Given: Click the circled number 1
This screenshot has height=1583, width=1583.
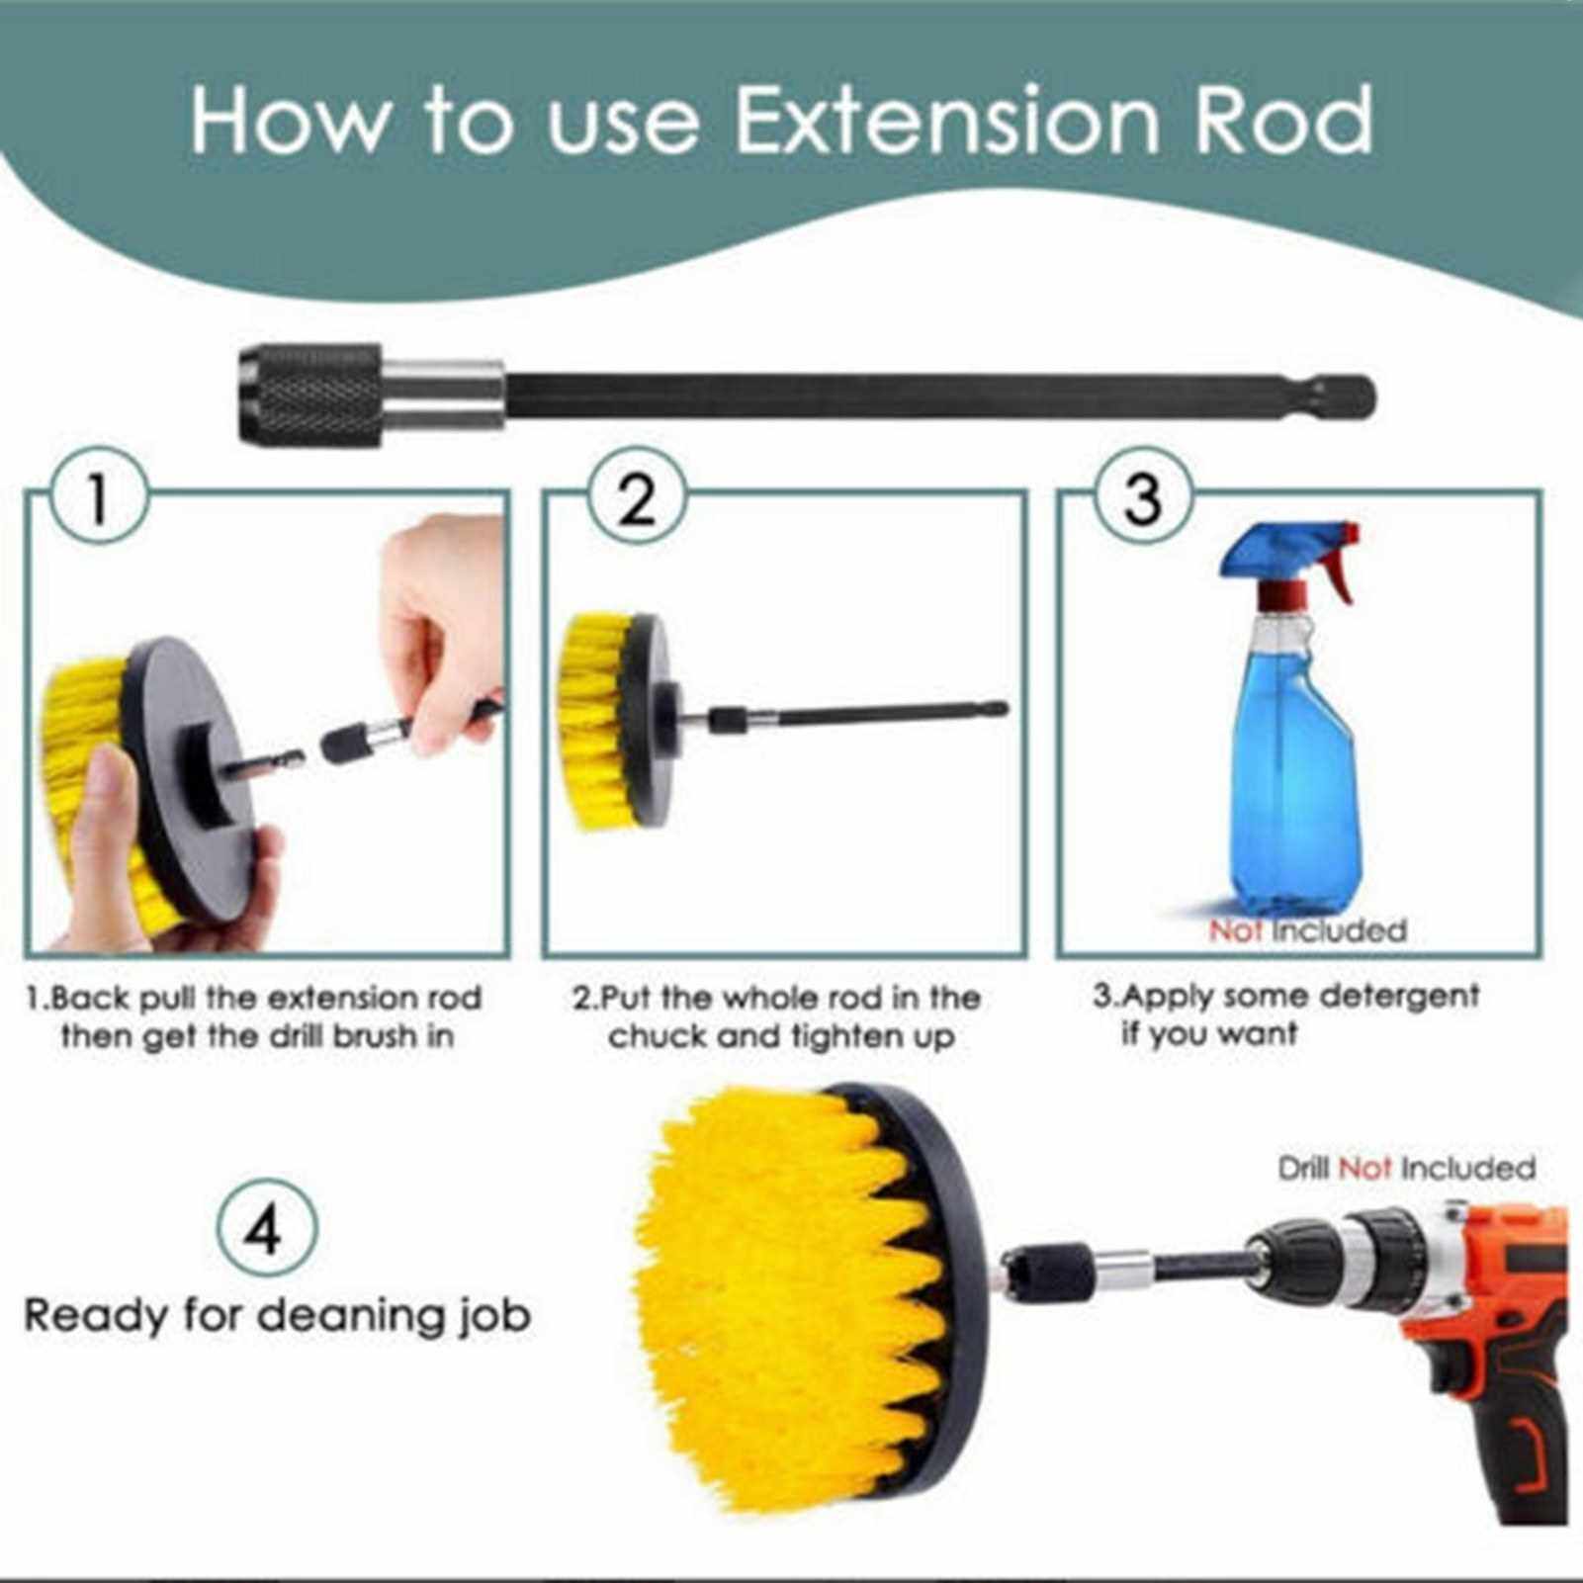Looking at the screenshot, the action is [98, 497].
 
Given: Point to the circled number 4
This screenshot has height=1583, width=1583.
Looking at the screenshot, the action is [265, 1230].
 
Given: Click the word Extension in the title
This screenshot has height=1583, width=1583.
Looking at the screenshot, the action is [946, 120].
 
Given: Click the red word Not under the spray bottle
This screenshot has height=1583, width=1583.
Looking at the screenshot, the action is [1235, 930].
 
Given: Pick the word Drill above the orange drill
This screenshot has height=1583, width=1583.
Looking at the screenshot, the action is [1302, 1169].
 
